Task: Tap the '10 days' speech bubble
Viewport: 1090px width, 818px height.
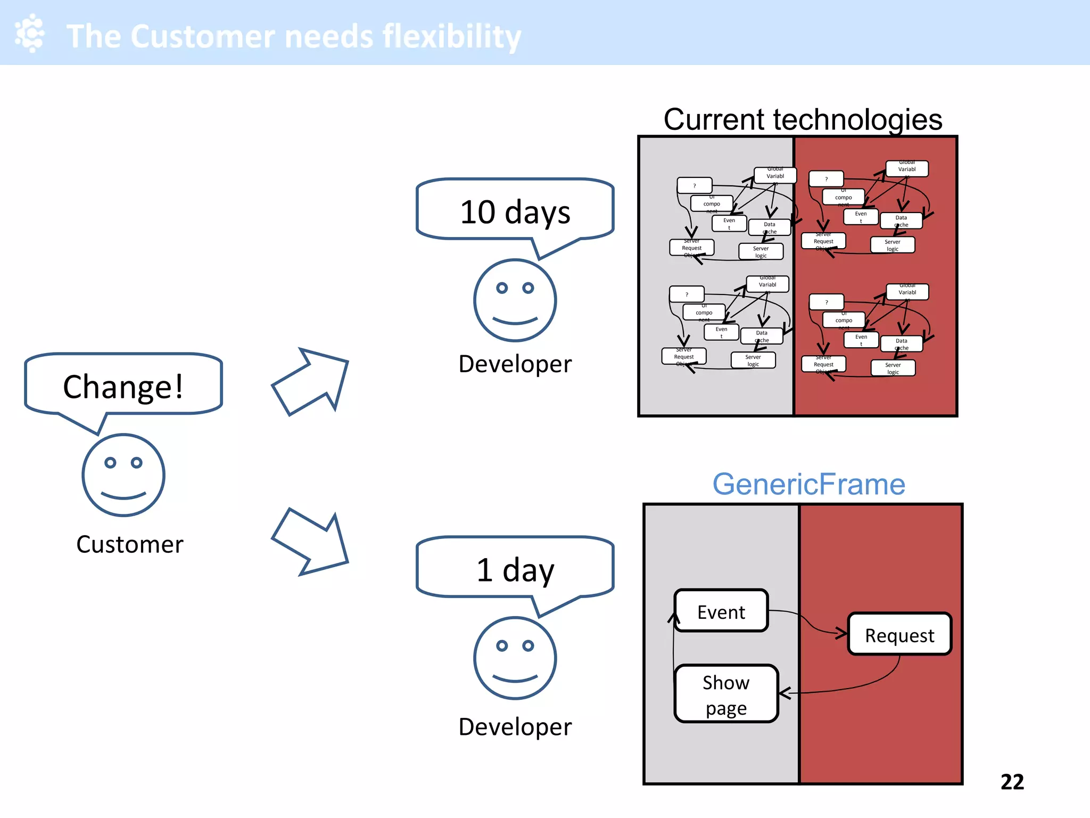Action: (x=515, y=211)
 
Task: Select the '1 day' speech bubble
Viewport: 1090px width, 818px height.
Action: (x=515, y=569)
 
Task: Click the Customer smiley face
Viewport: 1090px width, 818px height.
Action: (x=123, y=475)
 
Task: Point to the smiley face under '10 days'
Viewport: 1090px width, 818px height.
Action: (x=515, y=300)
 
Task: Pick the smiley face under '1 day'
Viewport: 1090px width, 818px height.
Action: (x=515, y=658)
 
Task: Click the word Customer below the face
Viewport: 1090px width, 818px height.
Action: (x=130, y=544)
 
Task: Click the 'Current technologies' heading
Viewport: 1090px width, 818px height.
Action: (x=803, y=119)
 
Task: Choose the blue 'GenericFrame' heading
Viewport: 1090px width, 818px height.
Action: (x=808, y=484)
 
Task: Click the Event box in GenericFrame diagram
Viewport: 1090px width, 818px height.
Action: (x=721, y=611)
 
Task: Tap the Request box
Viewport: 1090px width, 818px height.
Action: (x=899, y=634)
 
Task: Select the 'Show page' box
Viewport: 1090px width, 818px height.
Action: (x=726, y=694)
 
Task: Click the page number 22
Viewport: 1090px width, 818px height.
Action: (x=1012, y=782)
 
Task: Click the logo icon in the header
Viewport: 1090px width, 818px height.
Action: (x=30, y=33)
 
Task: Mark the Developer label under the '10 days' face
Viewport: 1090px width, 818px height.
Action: (x=515, y=364)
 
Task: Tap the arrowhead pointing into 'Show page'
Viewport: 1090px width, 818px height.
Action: (x=784, y=693)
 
